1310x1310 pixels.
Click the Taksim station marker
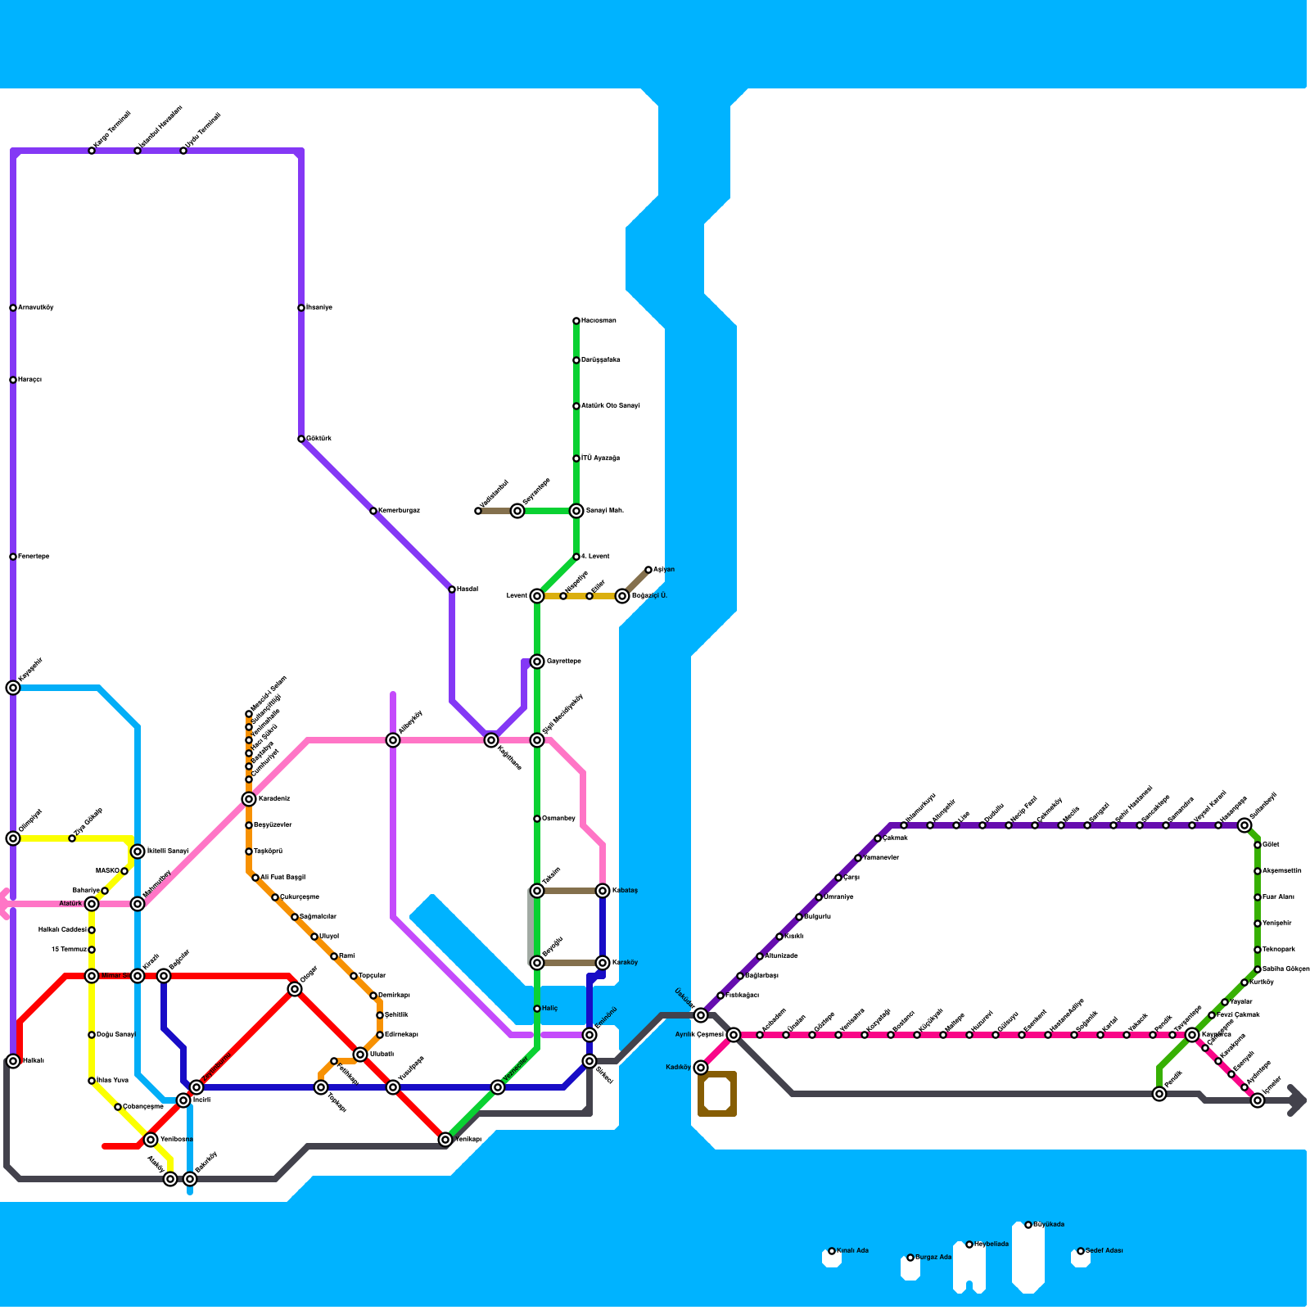(x=537, y=891)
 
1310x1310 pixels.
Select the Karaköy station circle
(x=603, y=963)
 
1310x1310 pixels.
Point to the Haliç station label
(x=549, y=1009)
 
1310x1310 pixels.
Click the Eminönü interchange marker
(x=589, y=1035)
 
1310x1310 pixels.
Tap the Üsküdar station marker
(x=701, y=1015)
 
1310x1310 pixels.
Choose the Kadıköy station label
(x=679, y=1067)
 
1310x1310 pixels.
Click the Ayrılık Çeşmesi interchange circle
(x=734, y=1035)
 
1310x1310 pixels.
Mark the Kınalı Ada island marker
(x=832, y=1251)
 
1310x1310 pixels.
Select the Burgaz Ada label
(x=933, y=1258)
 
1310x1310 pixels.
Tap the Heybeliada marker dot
(x=969, y=1244)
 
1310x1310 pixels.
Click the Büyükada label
(x=1049, y=1225)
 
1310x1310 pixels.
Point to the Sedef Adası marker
(x=1081, y=1251)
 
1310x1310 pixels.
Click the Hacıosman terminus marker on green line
(x=576, y=321)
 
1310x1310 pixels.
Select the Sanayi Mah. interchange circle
(x=576, y=511)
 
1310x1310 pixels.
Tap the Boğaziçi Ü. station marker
(x=622, y=596)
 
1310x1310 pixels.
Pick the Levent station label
(x=517, y=596)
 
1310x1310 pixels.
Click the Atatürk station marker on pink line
(x=92, y=904)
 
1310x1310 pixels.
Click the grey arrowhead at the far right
(x=1297, y=1100)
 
